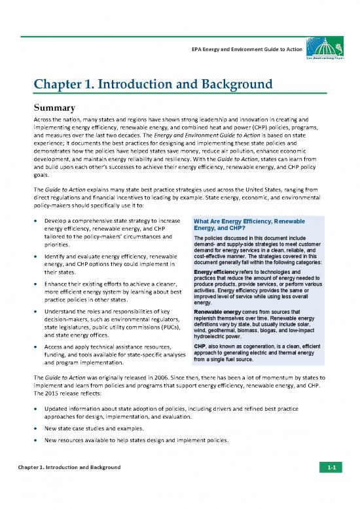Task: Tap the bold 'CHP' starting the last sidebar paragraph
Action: pos(200,345)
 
